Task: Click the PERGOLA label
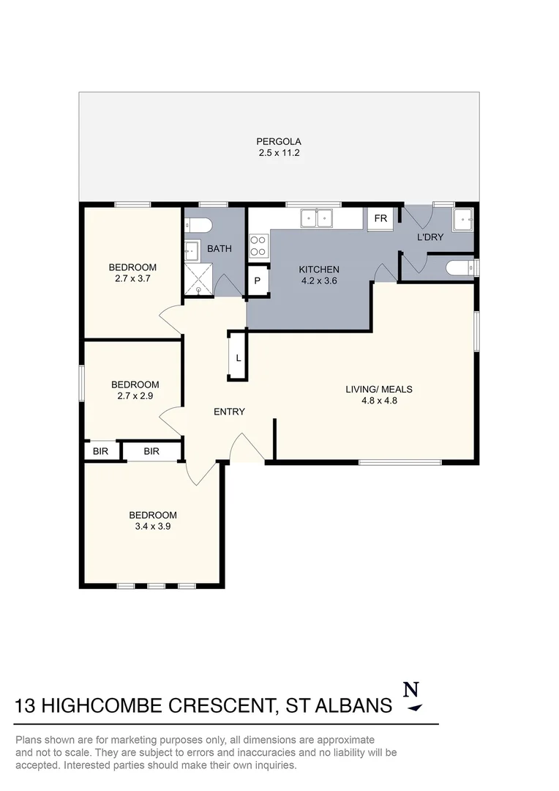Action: coord(278,141)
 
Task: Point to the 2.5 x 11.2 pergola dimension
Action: coord(278,153)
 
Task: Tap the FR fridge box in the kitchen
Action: coord(380,218)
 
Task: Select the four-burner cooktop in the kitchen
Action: coord(258,245)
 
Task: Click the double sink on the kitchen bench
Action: coord(317,218)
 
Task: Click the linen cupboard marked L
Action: coord(239,358)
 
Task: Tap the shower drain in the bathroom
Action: coord(198,289)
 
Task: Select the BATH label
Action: coord(219,249)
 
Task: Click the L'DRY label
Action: coord(429,238)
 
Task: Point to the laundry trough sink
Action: coord(462,219)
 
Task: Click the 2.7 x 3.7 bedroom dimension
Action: coord(132,278)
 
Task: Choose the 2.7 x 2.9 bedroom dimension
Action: coord(135,396)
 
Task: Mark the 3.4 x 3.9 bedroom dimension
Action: coord(153,526)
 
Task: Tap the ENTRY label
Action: coord(229,412)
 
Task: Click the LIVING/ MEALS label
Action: coord(374,389)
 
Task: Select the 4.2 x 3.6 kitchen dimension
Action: coord(320,281)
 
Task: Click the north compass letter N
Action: coord(412,690)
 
